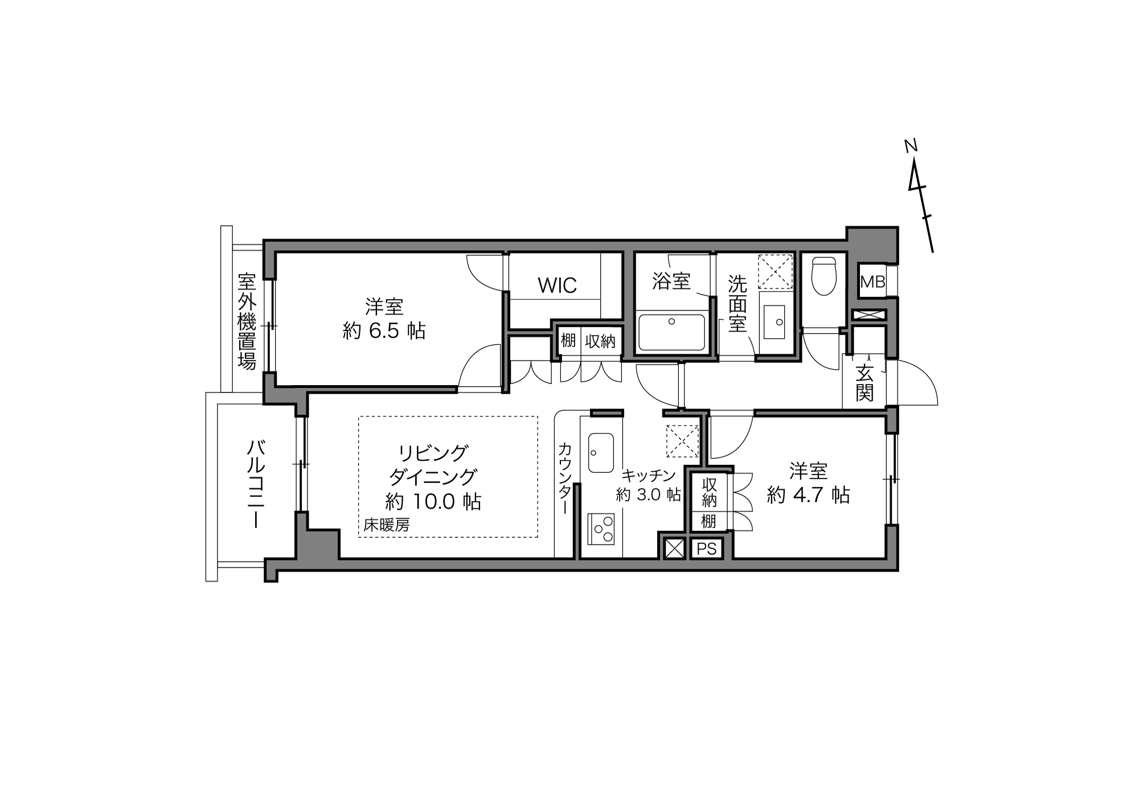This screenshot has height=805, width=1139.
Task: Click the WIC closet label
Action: point(557,285)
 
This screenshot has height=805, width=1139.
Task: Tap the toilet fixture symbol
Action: point(823,276)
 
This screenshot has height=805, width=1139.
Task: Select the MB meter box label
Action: point(872,281)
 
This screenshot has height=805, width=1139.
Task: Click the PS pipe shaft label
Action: point(706,549)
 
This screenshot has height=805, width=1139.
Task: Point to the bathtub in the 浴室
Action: point(672,332)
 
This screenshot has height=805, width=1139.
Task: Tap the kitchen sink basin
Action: point(601,453)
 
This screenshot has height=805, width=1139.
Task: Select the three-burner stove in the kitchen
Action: point(601,529)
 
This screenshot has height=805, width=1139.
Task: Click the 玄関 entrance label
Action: point(864,383)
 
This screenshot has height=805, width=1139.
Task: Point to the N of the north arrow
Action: point(911,146)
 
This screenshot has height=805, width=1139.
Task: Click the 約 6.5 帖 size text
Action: point(384,330)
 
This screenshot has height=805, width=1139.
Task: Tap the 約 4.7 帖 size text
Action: point(808,495)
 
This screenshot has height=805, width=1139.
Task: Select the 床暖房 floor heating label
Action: point(387,525)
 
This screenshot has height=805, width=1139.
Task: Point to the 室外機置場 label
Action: point(247,321)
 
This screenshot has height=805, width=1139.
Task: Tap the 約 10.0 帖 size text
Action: point(433,501)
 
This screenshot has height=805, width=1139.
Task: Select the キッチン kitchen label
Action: point(649,475)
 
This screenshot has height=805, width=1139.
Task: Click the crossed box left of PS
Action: point(674,549)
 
